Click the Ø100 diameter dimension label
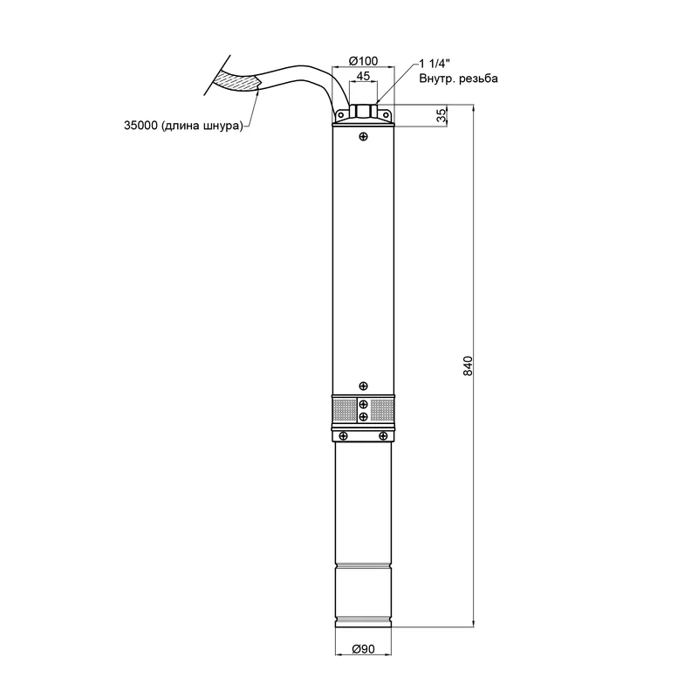click(363, 61)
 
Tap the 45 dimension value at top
click(363, 76)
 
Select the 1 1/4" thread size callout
click(435, 64)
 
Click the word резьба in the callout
click(478, 79)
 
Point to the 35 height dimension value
click(441, 116)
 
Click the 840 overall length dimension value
click(468, 366)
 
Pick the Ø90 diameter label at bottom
click(363, 649)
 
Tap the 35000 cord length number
click(140, 126)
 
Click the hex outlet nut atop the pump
click(363, 111)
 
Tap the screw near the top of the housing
click(363, 137)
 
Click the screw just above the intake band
click(363, 386)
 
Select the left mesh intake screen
click(345, 410)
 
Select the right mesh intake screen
click(382, 410)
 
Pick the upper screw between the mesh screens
click(363, 404)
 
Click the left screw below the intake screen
click(343, 435)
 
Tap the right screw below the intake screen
click(383, 435)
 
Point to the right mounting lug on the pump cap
click(386, 115)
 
